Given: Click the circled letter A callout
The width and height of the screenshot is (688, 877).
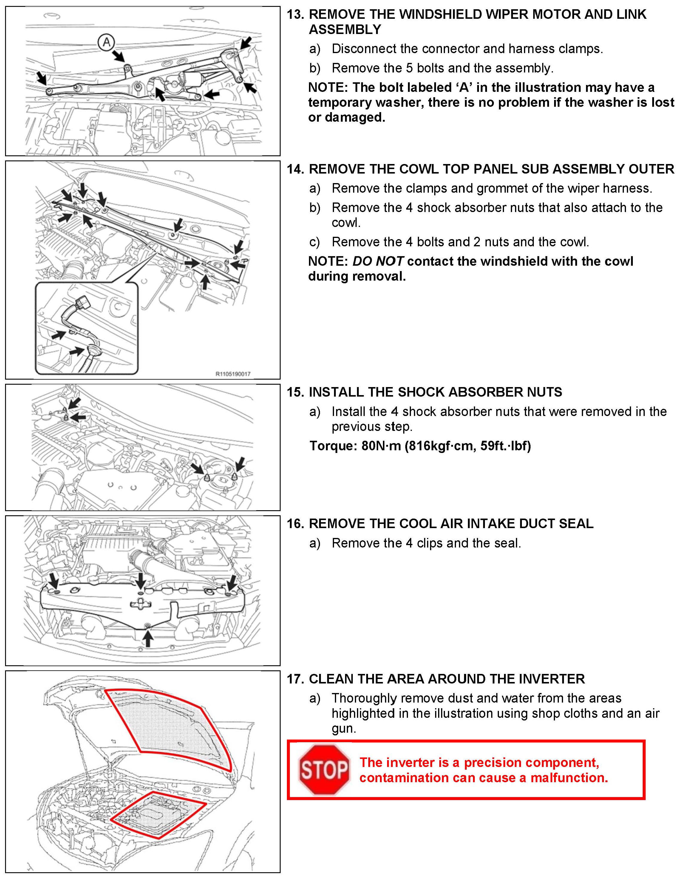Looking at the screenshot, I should coord(107,42).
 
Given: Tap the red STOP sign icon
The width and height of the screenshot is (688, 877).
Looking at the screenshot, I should coord(324,769).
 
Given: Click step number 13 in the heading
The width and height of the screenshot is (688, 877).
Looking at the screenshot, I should coord(295,15).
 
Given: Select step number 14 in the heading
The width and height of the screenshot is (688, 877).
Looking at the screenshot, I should coord(295,169).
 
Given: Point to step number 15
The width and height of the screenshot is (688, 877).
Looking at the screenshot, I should coord(295,392).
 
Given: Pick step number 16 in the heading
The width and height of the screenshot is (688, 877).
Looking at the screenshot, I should coord(295,523).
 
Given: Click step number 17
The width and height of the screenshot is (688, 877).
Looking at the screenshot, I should coord(295,679).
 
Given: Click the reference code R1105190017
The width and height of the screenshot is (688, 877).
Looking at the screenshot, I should coord(233,374).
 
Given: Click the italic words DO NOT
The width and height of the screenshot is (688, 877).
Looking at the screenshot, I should coord(378,261).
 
